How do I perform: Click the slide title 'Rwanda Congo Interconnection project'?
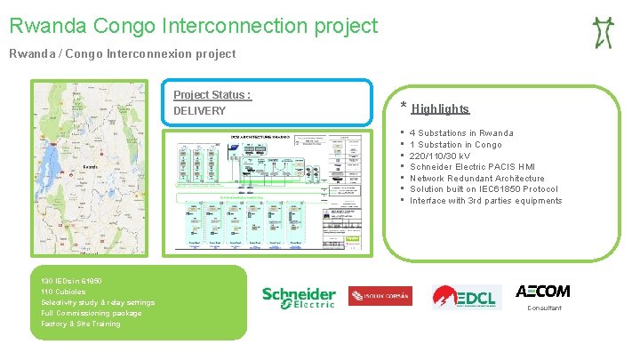[x=194, y=27]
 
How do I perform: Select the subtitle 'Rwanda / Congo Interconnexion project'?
[x=123, y=54]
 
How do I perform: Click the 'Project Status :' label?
[x=212, y=95]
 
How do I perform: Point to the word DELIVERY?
[x=199, y=111]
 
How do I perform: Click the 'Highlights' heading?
[x=440, y=109]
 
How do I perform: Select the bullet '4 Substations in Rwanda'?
[x=461, y=133]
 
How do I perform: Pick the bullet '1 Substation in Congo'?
[x=455, y=145]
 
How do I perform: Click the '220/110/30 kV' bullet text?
[x=439, y=156]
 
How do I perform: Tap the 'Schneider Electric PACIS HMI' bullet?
[x=472, y=167]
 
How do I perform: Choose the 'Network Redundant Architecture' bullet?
[x=476, y=179]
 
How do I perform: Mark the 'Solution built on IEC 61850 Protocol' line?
[x=484, y=189]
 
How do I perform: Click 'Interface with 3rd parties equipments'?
[x=485, y=201]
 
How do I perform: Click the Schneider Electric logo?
[x=299, y=297]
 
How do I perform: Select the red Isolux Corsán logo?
[x=380, y=297]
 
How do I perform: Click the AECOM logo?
[x=542, y=292]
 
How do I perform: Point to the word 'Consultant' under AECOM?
[x=544, y=308]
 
